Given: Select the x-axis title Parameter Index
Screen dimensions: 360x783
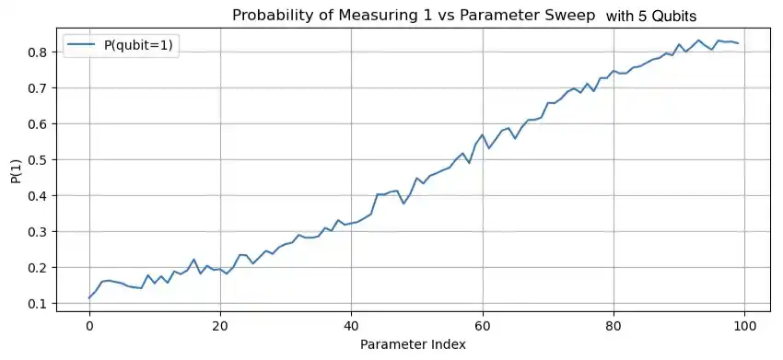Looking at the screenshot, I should pos(414,344).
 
